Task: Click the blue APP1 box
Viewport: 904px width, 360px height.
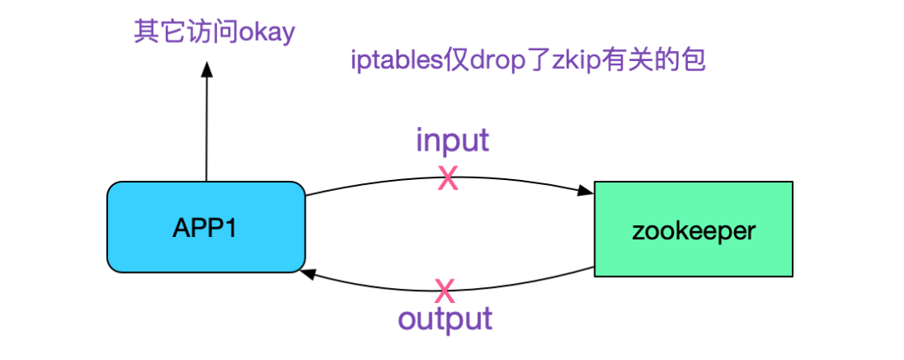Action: tap(206, 227)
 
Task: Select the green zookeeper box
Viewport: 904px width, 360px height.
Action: tap(694, 229)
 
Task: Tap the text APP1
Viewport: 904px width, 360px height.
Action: tap(205, 229)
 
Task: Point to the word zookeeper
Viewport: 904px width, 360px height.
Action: tap(694, 231)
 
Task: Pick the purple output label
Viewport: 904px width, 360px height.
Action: tap(445, 319)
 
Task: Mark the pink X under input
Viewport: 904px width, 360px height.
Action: tap(448, 178)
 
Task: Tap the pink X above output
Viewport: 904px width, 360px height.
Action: tap(444, 291)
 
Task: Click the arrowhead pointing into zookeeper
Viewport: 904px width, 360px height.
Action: tap(587, 190)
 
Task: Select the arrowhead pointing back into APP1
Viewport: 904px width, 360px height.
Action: tap(308, 274)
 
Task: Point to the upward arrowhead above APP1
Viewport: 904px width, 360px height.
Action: tap(207, 70)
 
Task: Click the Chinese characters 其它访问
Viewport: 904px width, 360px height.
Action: tap(186, 32)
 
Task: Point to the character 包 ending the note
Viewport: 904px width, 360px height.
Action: tap(694, 60)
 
